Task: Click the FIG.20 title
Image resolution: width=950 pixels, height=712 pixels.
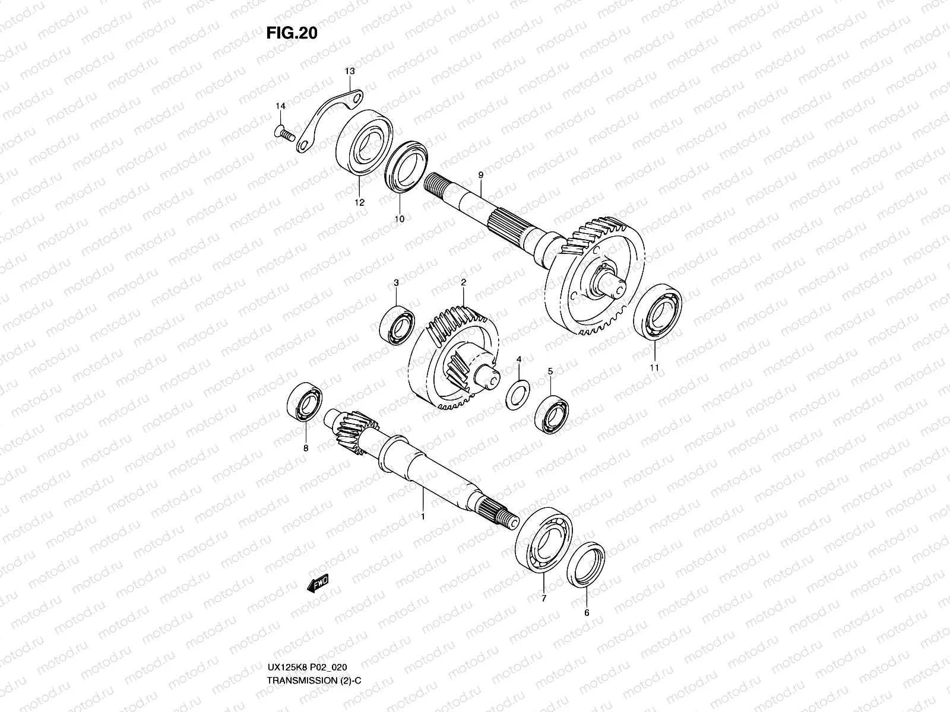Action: pos(291,33)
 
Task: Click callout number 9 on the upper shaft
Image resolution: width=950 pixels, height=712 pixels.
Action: pos(480,175)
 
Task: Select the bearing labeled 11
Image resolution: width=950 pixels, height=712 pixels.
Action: pos(657,312)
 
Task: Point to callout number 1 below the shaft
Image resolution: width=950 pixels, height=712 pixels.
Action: pos(423,517)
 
